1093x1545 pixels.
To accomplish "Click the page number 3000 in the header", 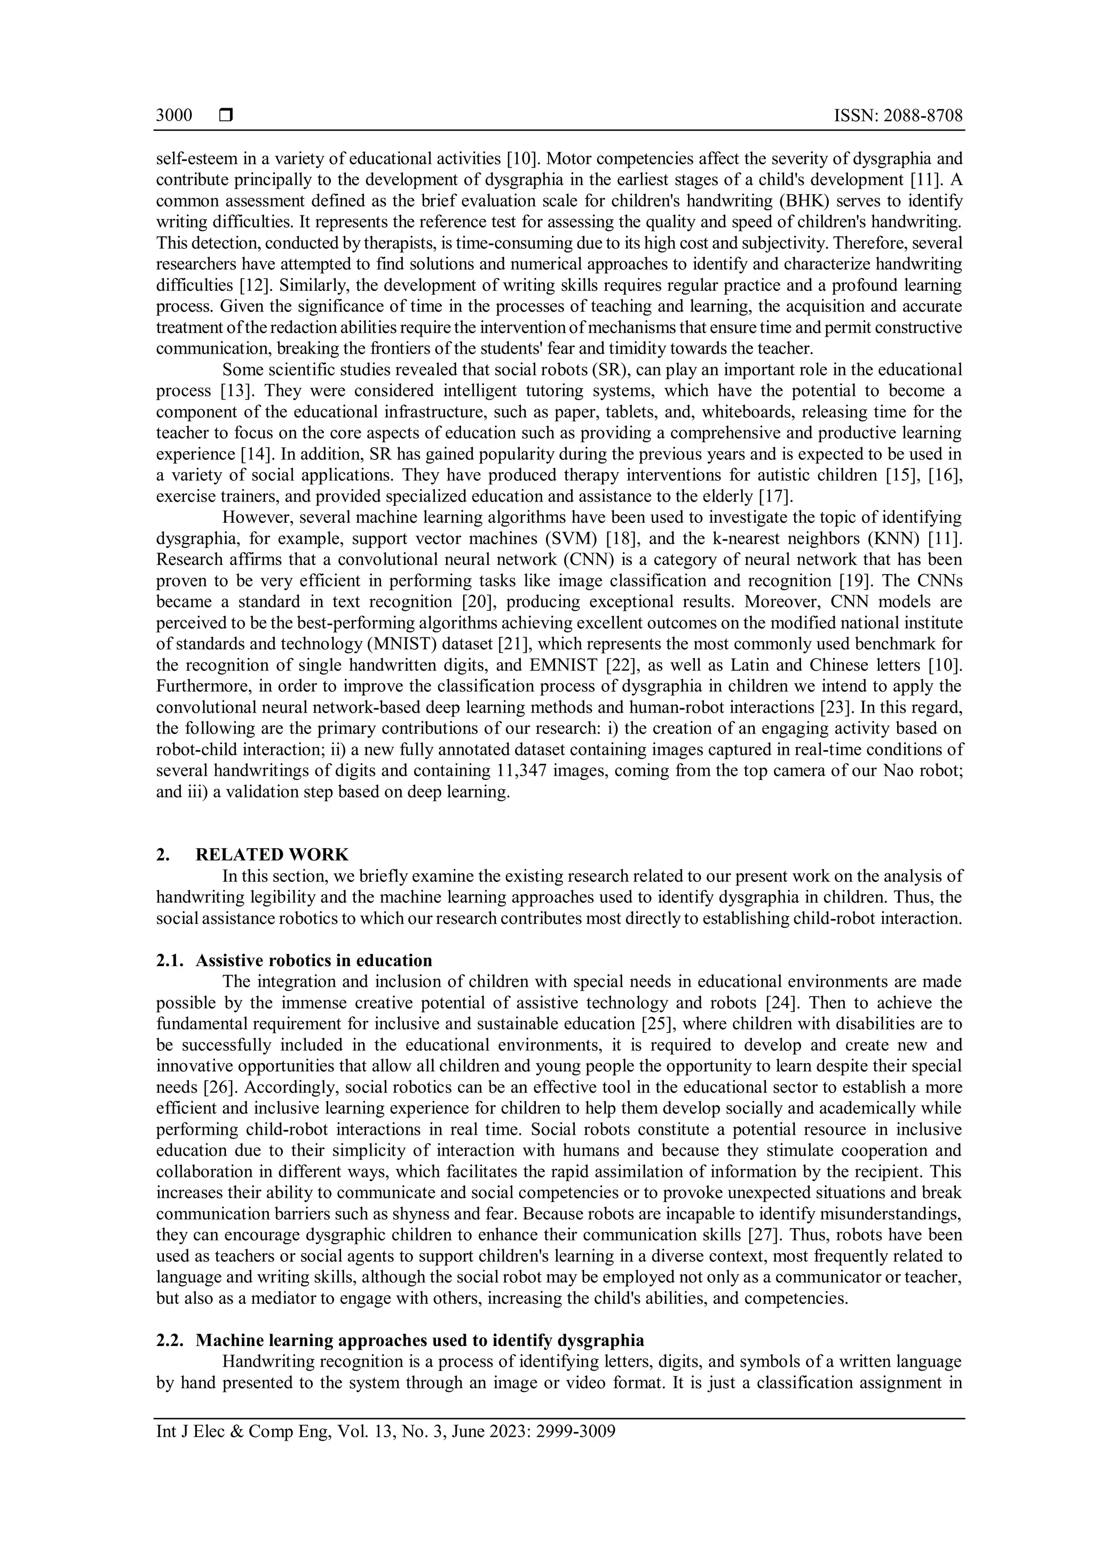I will coord(173,116).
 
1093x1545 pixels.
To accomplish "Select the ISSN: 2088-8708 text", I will coord(898,116).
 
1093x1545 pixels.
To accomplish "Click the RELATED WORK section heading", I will coord(272,855).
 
